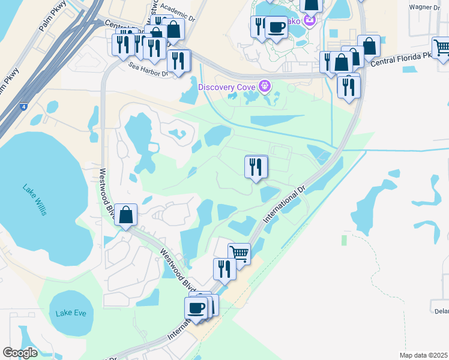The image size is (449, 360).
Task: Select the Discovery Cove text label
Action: (x=228, y=86)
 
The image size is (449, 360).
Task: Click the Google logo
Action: (x=20, y=352)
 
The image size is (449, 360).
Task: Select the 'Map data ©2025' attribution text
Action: (x=423, y=355)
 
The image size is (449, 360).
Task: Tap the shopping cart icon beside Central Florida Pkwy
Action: (x=442, y=47)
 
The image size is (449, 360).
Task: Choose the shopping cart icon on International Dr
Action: (x=239, y=253)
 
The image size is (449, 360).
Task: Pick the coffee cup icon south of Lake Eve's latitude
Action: (x=196, y=308)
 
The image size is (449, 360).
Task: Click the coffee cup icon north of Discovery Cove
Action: (x=276, y=26)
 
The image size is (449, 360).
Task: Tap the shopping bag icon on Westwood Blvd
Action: (x=125, y=214)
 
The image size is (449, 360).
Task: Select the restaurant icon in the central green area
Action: (x=256, y=166)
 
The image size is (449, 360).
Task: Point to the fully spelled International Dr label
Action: (x=280, y=206)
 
